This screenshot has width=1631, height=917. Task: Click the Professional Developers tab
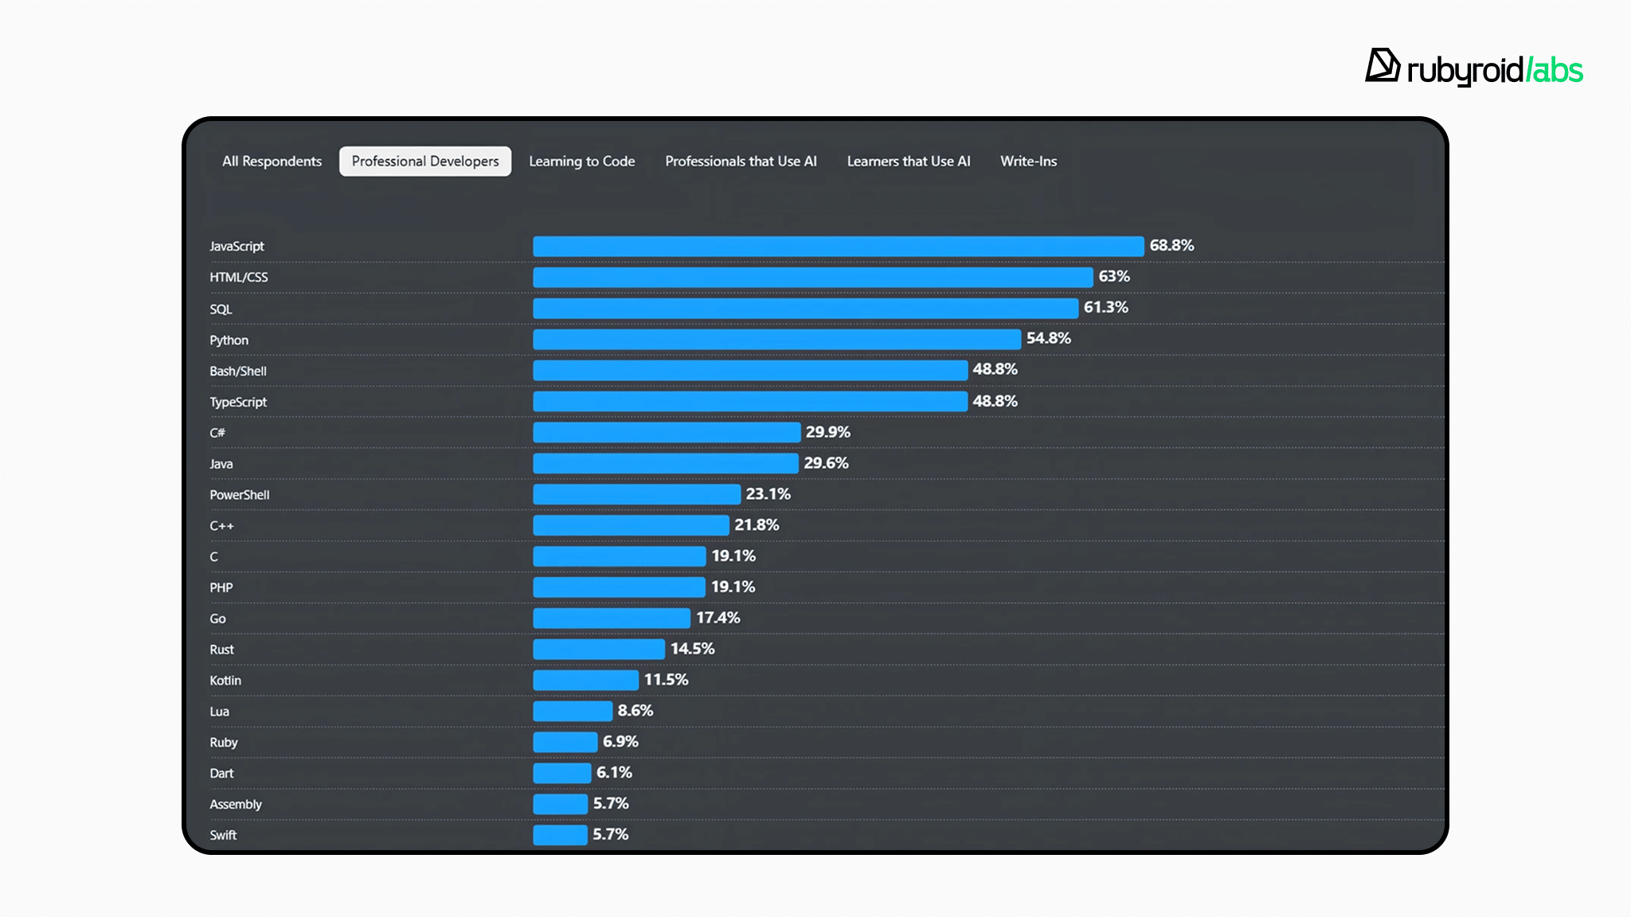(x=425, y=162)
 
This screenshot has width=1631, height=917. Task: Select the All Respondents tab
(x=272, y=162)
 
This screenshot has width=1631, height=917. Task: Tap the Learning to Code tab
(x=581, y=162)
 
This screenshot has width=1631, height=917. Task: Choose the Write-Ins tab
(x=1028, y=162)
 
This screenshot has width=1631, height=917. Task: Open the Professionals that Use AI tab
(x=741, y=162)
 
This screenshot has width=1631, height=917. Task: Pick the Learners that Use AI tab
(x=908, y=162)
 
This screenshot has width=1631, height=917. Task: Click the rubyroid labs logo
(x=1473, y=68)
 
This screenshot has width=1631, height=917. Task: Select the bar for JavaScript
(x=838, y=246)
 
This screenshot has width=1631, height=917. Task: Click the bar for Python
(x=776, y=339)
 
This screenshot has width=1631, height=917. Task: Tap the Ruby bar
(x=565, y=742)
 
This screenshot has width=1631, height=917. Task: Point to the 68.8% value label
(x=1171, y=246)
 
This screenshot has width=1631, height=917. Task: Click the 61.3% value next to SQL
(x=1105, y=308)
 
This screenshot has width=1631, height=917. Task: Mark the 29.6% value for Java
(x=826, y=463)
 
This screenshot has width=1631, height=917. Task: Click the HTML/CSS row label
(x=239, y=278)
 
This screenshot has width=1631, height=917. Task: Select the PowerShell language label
(x=240, y=495)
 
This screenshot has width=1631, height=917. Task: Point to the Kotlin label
(x=225, y=681)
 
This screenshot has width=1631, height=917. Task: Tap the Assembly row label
(x=236, y=805)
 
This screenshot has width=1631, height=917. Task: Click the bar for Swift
(x=560, y=835)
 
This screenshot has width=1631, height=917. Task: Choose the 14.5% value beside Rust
(x=692, y=649)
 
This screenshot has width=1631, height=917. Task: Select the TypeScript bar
(x=750, y=401)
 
